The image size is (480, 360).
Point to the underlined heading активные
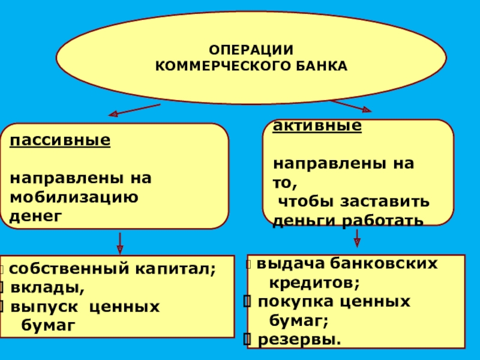pos(317,126)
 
